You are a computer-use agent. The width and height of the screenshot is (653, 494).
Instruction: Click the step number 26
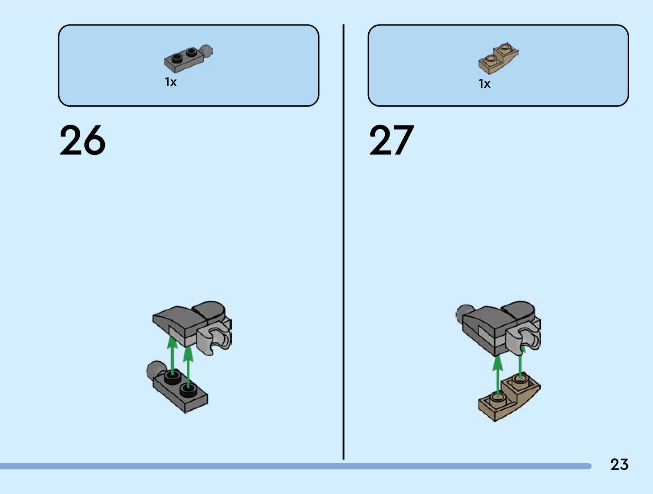coord(82,141)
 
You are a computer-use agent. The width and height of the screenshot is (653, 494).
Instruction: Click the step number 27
coord(392,141)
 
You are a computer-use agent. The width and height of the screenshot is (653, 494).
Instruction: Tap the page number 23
coord(619,464)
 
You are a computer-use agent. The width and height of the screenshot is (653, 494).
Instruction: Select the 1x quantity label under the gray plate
coord(171,82)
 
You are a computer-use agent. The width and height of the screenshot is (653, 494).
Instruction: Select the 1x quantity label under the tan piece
coord(484,84)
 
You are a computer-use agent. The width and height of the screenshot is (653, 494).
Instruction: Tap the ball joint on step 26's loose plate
coord(155,369)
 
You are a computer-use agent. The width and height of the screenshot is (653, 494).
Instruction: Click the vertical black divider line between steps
coord(343,242)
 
